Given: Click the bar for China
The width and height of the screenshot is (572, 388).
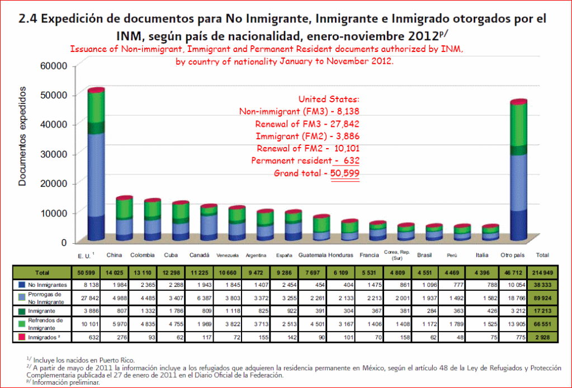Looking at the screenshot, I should click(108, 219).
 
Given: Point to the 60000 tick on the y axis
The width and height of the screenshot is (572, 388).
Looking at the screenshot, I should click(54, 65).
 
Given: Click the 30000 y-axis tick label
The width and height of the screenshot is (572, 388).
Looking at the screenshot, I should click(54, 154).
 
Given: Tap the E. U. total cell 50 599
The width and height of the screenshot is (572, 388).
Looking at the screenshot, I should click(86, 272).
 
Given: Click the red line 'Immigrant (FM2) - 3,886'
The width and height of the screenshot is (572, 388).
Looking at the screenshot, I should click(307, 136).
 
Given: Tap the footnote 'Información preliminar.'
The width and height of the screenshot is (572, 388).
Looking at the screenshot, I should click(66, 383).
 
